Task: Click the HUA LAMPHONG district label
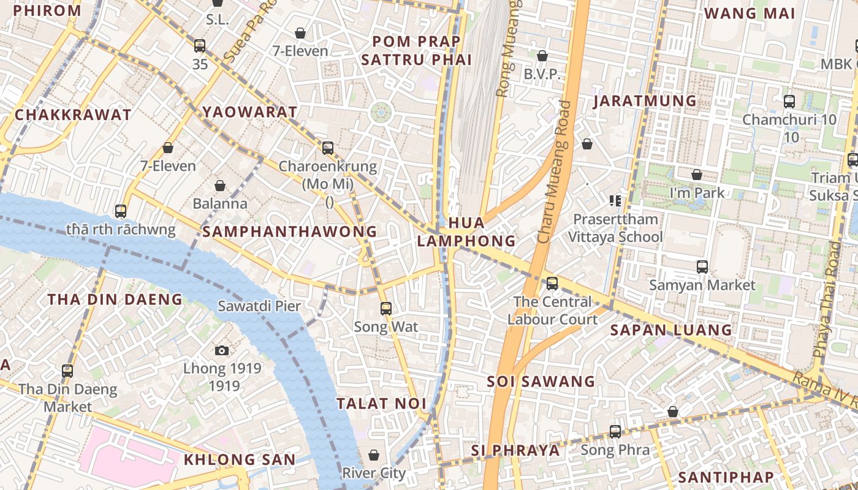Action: coord(466,232)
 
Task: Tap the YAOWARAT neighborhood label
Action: coord(250,112)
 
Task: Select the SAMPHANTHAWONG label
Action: coord(289,232)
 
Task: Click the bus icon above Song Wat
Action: coord(385,308)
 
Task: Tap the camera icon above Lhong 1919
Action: coord(222,350)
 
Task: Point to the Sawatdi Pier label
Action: coord(259,306)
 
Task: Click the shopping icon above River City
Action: coord(374,455)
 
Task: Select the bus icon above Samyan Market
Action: coord(702,267)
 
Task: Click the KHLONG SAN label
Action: coord(240,459)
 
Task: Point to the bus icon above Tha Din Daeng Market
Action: coord(67,371)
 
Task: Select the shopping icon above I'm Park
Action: coord(697,175)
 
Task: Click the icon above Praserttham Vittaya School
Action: coord(615,200)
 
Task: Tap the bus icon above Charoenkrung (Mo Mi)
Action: coord(328,148)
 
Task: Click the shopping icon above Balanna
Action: coord(220,185)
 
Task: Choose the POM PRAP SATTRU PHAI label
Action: coord(417,50)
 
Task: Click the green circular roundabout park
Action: coord(381,112)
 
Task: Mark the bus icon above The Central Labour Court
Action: coord(552,283)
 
